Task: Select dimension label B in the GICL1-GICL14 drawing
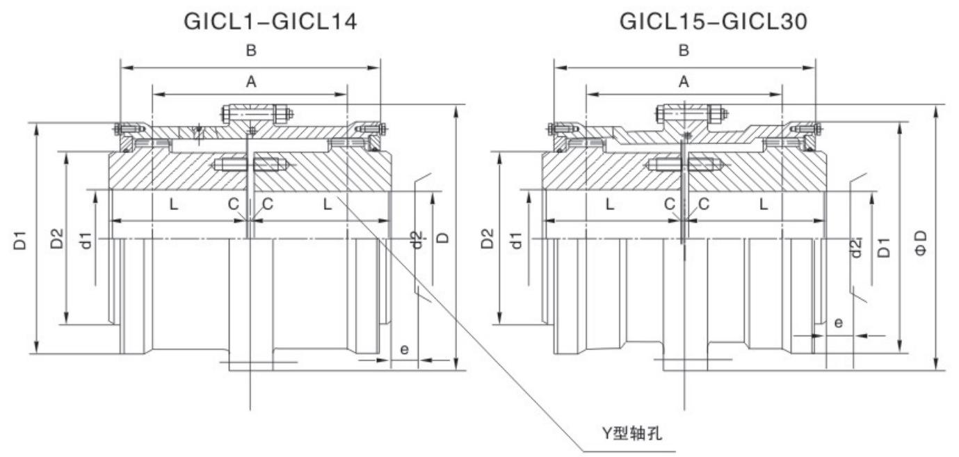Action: point(251,51)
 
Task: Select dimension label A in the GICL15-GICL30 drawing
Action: point(684,82)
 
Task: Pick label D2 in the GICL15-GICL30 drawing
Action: point(489,239)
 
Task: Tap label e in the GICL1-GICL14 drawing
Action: point(404,349)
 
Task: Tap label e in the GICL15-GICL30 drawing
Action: point(839,323)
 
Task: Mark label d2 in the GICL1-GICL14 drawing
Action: point(416,239)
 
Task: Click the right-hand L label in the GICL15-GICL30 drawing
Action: point(764,205)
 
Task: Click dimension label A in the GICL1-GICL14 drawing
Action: point(251,82)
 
